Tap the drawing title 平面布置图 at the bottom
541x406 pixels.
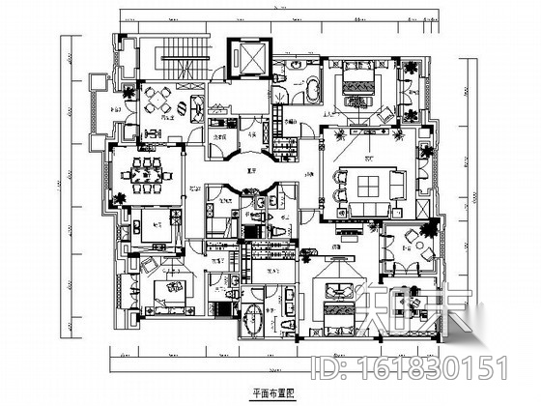[269, 393]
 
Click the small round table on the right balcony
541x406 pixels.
[420, 236]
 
